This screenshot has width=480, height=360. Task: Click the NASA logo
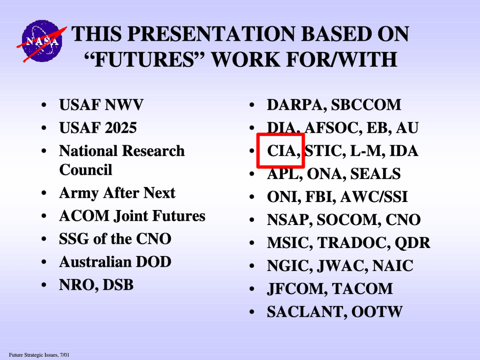click(x=42, y=41)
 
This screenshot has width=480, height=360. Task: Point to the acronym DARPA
click(x=294, y=105)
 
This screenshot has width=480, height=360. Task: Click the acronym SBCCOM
click(x=366, y=105)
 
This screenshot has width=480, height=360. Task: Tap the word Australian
click(x=95, y=262)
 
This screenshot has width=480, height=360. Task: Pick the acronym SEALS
click(x=375, y=173)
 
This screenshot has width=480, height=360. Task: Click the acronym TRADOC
click(x=353, y=243)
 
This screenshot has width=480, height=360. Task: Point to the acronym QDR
click(x=412, y=243)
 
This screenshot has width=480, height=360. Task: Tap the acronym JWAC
click(x=342, y=266)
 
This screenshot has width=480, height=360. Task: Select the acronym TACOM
click(x=362, y=289)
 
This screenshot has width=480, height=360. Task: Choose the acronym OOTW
click(x=377, y=312)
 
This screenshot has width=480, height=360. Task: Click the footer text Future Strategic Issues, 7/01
click(x=39, y=355)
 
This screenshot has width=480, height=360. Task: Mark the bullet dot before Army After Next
click(x=44, y=193)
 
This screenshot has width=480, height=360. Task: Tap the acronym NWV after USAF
click(x=124, y=105)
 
